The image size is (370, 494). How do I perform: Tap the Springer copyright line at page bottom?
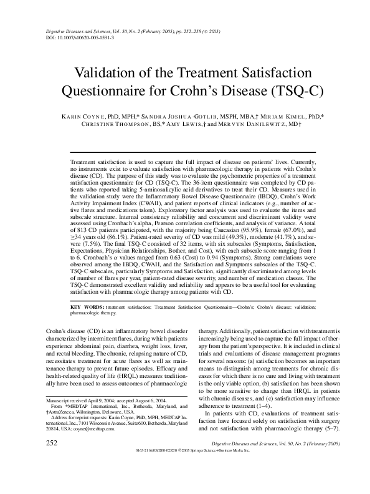pos(187,485)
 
